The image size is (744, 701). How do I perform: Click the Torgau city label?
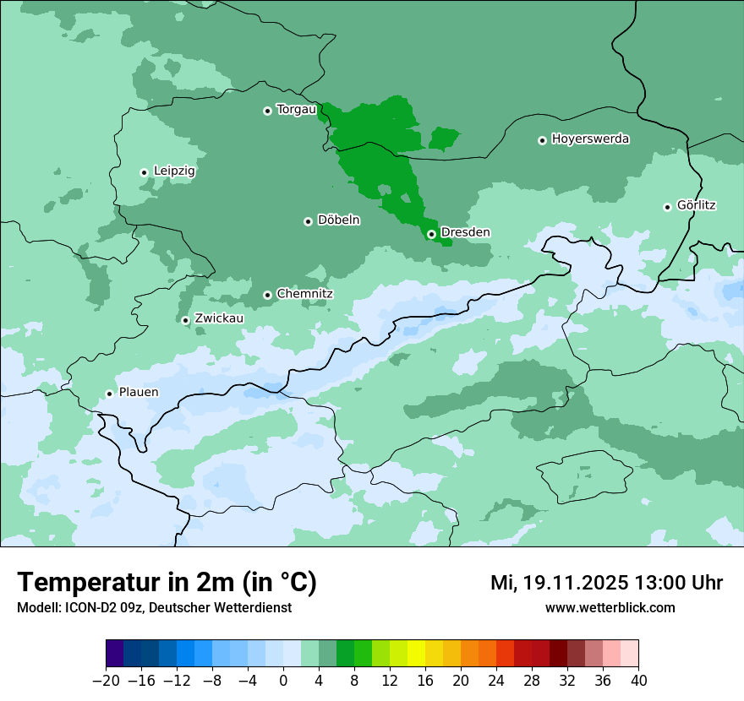pos(296,109)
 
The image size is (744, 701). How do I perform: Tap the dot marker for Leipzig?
pos(145,172)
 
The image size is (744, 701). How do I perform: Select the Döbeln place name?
pos(338,220)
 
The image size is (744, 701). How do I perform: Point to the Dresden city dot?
pos(431,234)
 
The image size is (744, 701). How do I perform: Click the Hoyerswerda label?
pos(590,139)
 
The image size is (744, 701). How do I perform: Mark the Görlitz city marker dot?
pos(667,207)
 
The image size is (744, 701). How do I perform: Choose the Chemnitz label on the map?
pos(304,294)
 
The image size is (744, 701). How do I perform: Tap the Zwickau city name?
pos(219,318)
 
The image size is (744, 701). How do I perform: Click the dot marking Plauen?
pos(109,394)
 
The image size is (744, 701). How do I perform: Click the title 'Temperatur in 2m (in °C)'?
pos(167,582)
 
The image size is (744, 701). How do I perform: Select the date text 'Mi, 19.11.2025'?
pos(558,583)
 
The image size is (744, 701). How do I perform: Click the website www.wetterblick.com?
pos(610,607)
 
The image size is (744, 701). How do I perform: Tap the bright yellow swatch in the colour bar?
pos(416,654)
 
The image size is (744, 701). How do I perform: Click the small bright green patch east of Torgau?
pos(444,138)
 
